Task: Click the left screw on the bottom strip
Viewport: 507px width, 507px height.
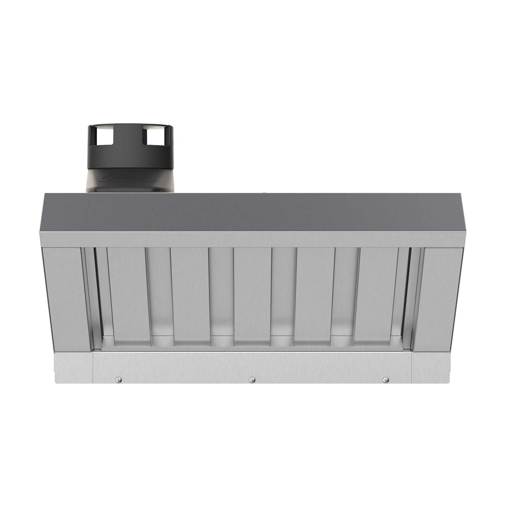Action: point(118,380)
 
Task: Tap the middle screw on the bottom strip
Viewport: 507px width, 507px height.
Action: point(252,380)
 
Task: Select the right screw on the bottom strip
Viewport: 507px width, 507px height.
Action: point(386,380)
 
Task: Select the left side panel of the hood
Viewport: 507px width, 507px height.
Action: point(66,299)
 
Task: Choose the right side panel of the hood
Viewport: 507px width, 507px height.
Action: point(439,299)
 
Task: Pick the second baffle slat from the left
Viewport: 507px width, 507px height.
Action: point(190,294)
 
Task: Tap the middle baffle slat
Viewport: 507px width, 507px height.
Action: point(252,294)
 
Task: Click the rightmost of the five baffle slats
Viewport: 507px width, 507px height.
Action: point(378,294)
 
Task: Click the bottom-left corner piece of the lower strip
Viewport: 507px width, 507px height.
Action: point(74,368)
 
